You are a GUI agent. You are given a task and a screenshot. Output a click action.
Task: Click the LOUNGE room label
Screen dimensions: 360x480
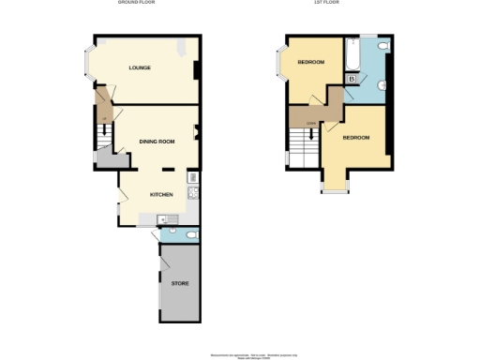tap(140, 68)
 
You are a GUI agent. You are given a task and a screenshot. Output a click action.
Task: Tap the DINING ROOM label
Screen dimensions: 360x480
tap(157, 142)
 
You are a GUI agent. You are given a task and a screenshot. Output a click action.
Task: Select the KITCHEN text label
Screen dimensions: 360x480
tap(160, 194)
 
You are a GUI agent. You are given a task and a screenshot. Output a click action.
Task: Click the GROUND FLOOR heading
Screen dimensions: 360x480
tap(137, 3)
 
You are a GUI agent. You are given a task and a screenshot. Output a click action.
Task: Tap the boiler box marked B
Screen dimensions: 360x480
tap(351, 80)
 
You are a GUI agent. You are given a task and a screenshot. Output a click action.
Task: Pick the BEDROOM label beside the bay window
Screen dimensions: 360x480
tap(310, 63)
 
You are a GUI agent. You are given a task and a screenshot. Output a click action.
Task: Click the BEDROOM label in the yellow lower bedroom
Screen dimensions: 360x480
tap(355, 138)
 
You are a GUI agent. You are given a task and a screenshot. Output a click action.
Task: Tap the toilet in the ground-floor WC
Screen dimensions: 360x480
tap(190, 234)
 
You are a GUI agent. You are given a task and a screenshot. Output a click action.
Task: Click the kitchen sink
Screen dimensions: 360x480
tap(171, 218)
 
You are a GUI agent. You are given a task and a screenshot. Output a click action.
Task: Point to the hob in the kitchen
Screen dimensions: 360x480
tap(191, 194)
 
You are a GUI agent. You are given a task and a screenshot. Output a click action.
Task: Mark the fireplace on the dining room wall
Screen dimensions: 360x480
tap(196, 132)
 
